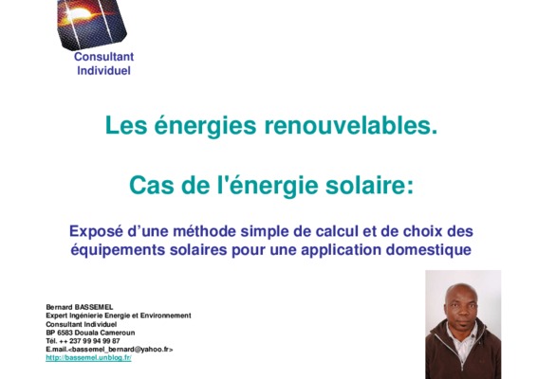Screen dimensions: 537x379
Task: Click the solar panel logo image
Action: [x=92, y=24]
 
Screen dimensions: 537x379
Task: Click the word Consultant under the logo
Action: [x=103, y=57]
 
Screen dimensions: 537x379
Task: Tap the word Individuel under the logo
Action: [x=103, y=70]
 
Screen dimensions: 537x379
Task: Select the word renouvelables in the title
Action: [x=351, y=125]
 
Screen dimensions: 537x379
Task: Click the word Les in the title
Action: [x=126, y=125]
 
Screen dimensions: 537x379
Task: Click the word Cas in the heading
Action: [x=152, y=186]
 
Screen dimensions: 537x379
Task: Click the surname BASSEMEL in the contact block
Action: [x=94, y=307]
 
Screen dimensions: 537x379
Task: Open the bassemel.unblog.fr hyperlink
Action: [x=88, y=358]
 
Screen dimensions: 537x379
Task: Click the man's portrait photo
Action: [x=463, y=324]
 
